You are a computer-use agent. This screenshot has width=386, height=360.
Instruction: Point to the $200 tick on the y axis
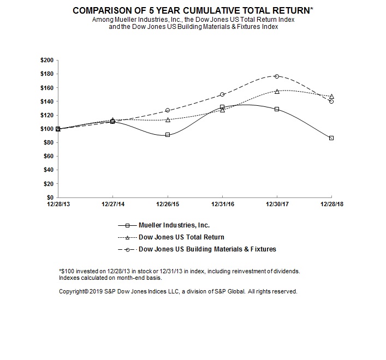pyautogui.click(x=46, y=60)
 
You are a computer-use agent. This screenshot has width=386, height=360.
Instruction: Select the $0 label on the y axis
pyautogui.click(x=50, y=197)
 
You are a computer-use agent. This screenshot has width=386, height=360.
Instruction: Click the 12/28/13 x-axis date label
pyautogui.click(x=58, y=205)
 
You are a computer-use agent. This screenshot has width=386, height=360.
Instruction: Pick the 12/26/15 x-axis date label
pyautogui.click(x=168, y=205)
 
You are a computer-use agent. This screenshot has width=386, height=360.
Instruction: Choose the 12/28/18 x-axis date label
pyautogui.click(x=331, y=205)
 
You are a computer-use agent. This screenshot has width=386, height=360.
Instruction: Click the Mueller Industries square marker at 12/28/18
pyautogui.click(x=331, y=138)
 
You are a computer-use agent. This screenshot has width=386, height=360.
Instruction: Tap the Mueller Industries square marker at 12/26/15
pyautogui.click(x=168, y=135)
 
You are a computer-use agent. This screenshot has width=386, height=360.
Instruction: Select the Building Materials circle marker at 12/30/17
pyautogui.click(x=277, y=76)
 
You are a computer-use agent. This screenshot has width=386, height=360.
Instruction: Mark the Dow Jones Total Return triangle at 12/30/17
pyautogui.click(x=277, y=91)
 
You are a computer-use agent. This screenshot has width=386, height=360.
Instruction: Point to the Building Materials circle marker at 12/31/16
pyautogui.click(x=222, y=94)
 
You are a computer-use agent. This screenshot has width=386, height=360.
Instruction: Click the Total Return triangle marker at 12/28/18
pyautogui.click(x=331, y=97)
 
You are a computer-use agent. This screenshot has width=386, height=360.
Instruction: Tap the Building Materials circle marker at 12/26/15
pyautogui.click(x=168, y=110)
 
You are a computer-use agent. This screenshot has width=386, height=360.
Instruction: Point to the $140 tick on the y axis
pyautogui.click(x=46, y=101)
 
